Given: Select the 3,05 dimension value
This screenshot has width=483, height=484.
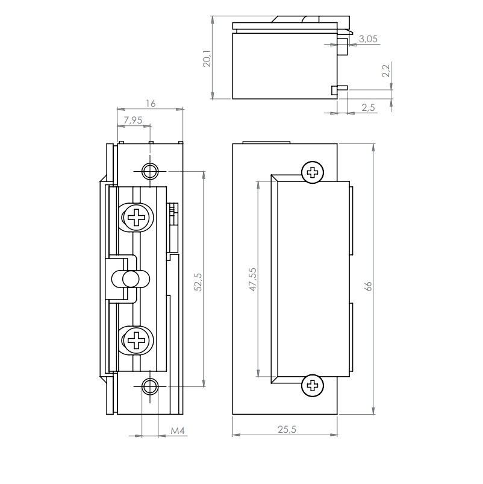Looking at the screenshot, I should (x=369, y=39).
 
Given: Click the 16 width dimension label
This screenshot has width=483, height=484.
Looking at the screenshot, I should (x=151, y=104).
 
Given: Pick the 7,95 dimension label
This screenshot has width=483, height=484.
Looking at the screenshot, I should (x=132, y=121).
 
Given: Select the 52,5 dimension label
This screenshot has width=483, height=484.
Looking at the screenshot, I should (x=198, y=282).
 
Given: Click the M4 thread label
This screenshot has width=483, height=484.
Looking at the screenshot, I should (x=176, y=431).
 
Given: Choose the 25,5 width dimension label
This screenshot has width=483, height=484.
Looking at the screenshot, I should (x=285, y=429).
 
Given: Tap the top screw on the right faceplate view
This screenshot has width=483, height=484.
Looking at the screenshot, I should (x=312, y=173).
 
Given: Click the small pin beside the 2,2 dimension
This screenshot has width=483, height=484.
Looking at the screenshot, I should (x=339, y=90).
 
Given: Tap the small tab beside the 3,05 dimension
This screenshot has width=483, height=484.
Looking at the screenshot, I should (x=341, y=44).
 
